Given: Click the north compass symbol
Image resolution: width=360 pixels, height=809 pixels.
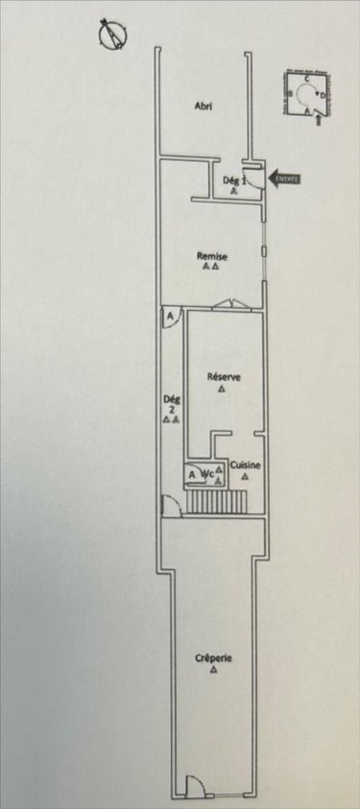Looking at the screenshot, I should (x=115, y=36).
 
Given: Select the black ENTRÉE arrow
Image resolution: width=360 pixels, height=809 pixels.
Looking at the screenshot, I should (x=285, y=178).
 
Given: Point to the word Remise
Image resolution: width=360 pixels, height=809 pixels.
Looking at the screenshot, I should (x=211, y=256).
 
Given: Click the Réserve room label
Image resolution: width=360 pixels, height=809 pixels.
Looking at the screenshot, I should (x=223, y=377).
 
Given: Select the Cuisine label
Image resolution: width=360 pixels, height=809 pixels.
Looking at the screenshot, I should (x=246, y=464).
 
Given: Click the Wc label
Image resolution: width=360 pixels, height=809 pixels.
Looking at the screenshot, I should (x=206, y=473).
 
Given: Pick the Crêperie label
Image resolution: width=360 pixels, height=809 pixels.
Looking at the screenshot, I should (x=212, y=658).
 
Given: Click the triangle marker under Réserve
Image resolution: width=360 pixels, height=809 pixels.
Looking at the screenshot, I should (x=222, y=390).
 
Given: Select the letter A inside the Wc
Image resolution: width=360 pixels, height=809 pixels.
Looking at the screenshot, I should (x=192, y=473).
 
